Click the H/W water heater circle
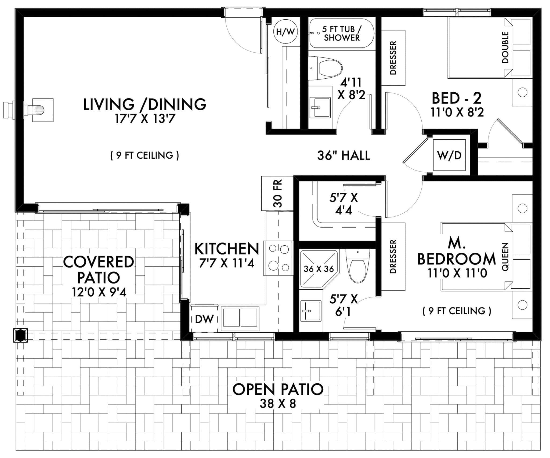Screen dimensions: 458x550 tap(285, 32)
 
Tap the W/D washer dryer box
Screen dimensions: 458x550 tap(449, 155)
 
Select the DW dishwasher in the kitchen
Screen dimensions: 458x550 tap(204, 319)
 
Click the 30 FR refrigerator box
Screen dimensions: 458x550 tap(277, 193)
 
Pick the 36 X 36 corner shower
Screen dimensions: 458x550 tap(319, 269)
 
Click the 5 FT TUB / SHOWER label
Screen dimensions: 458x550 tap(342, 34)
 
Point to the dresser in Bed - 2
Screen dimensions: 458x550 tap(393, 58)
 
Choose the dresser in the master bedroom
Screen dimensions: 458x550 tap(393, 256)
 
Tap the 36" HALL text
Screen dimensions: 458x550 tap(343, 155)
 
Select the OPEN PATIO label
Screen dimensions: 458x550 tap(278, 389)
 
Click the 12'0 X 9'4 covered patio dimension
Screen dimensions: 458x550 tap(99, 292)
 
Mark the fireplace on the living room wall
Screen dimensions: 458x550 tap(40, 110)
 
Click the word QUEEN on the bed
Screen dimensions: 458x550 tap(505, 257)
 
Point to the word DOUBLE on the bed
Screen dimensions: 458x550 tap(505, 48)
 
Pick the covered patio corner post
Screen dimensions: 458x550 tap(20, 335)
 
